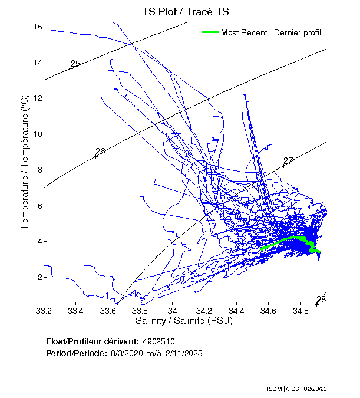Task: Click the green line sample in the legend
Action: [x=210, y=32]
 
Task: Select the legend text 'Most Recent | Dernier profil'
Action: [x=271, y=32]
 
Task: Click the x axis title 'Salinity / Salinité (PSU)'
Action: [x=184, y=321]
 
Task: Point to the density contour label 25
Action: [x=75, y=64]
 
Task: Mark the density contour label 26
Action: [x=100, y=152]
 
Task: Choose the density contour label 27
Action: [x=288, y=161]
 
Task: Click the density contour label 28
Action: [x=321, y=300]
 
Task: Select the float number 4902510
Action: [x=158, y=341]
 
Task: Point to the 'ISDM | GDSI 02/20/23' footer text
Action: [x=296, y=389]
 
